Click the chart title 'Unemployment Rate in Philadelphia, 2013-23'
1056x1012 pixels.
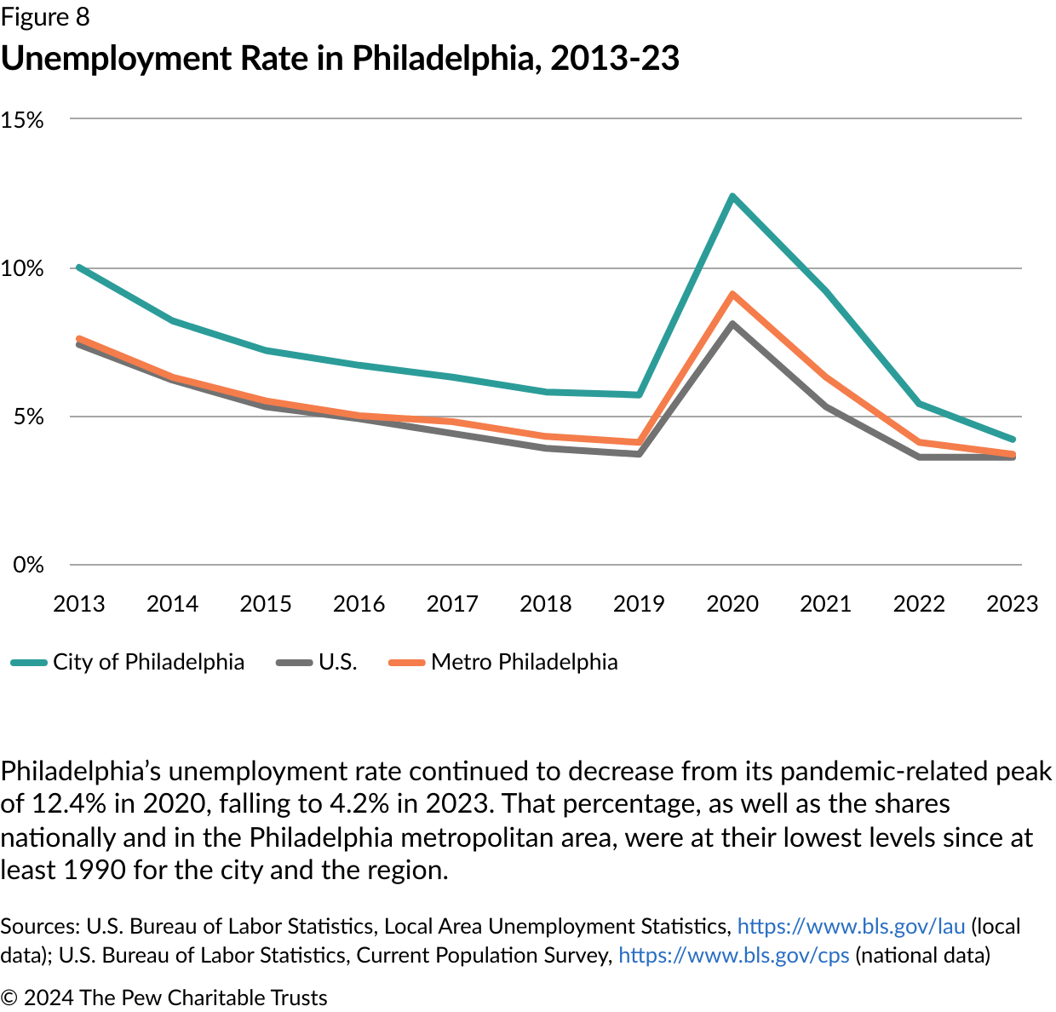340,59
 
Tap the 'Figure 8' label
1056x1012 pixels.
44,17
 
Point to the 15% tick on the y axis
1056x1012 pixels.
22,120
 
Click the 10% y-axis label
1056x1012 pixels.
22,269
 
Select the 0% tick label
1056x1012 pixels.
28,565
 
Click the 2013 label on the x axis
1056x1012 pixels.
78,604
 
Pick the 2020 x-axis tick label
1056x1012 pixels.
732,604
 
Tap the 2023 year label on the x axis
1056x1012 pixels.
1012,604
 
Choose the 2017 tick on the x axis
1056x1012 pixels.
452,604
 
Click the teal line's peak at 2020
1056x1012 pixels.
732,197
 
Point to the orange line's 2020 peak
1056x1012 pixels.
732,295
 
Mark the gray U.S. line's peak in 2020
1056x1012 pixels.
732,325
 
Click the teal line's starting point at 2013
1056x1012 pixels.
79,267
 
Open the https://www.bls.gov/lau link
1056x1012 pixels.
851,926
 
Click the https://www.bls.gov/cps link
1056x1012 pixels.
733,955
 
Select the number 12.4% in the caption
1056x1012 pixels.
62,803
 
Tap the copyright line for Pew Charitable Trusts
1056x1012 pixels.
164,998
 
